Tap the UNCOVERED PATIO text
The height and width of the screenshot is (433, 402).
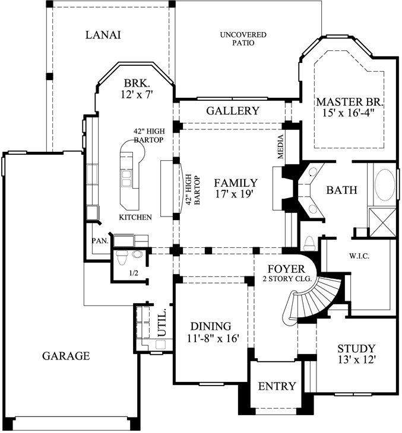point(243,39)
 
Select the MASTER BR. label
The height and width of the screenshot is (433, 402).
point(349,101)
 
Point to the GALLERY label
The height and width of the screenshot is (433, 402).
point(232,111)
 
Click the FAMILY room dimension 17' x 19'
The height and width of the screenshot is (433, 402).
point(236,194)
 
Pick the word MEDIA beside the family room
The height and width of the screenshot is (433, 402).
point(281,147)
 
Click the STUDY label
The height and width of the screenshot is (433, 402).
point(356,348)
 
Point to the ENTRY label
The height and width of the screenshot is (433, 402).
point(277,386)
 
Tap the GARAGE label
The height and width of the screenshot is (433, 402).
point(66,356)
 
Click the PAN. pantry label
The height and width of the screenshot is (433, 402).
point(99,241)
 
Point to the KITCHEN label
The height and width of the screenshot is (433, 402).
point(135,217)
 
